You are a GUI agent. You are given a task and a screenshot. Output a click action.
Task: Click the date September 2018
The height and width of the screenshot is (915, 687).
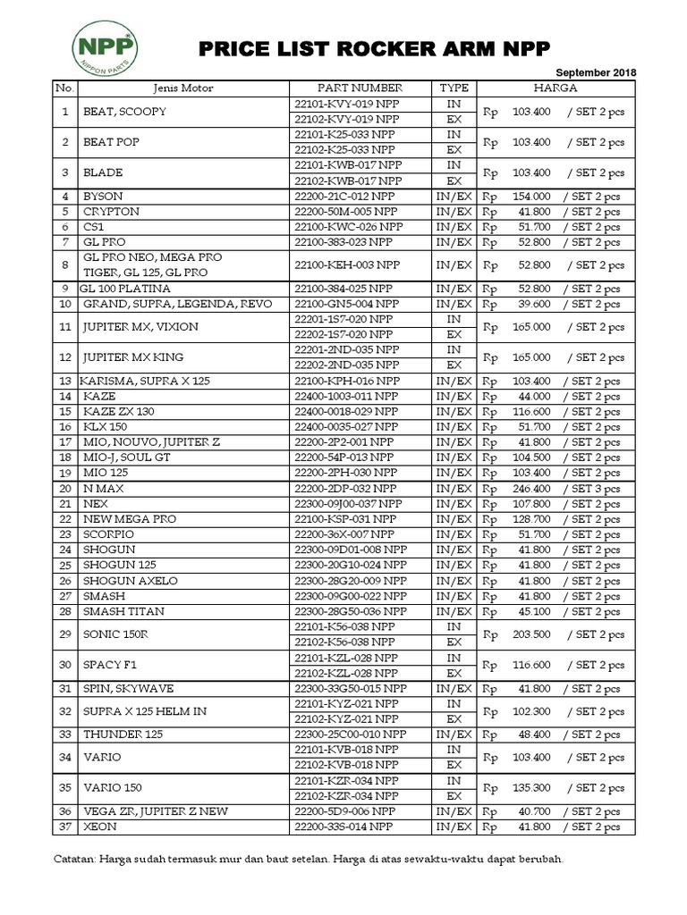[x=595, y=71]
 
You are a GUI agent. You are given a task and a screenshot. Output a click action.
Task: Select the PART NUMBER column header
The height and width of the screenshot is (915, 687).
[x=360, y=88]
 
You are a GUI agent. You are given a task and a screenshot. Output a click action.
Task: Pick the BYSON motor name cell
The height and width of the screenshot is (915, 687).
[x=103, y=197]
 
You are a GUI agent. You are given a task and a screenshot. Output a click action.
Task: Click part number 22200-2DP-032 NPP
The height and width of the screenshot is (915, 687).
[x=344, y=489]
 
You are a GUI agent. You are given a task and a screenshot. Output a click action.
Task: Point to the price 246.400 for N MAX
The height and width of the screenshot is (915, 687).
[x=531, y=489]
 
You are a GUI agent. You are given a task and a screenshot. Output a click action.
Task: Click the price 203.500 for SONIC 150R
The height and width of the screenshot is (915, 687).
[x=531, y=634]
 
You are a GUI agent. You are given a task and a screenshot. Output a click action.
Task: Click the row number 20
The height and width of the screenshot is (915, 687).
[x=65, y=489]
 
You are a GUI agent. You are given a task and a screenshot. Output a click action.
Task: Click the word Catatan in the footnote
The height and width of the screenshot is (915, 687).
[x=72, y=860]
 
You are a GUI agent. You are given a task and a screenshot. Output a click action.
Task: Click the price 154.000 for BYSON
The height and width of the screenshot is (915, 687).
[x=531, y=197]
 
